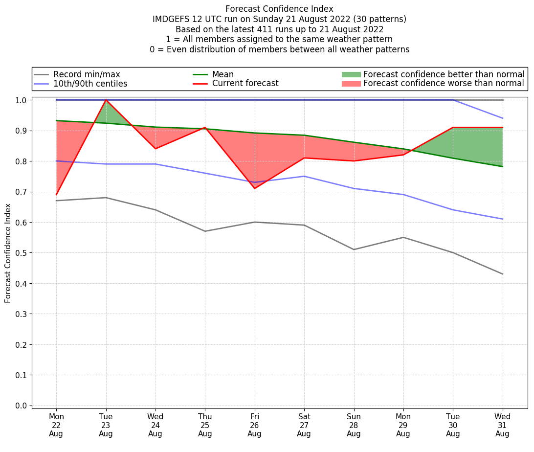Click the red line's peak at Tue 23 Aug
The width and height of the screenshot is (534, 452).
pos(106,100)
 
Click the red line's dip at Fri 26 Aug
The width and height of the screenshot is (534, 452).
pos(254,188)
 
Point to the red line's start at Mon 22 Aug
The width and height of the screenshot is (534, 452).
pos(56,195)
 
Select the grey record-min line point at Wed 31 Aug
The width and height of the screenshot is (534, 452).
pos(503,274)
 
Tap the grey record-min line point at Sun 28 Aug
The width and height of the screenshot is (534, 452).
pos(354,249)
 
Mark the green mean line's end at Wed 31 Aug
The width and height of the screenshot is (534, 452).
pos(503,166)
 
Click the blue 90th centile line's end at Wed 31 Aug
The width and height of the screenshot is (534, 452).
pos(503,118)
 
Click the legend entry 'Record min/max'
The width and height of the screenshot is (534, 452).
pos(87,74)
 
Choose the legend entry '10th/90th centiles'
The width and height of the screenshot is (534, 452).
pos(90,84)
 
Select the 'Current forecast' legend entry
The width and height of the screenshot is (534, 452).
pos(245,84)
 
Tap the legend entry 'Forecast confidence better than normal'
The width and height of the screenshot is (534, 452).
pos(444,74)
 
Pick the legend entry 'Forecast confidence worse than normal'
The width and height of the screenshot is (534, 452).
pos(444,84)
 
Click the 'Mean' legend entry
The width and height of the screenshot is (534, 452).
pos(223,74)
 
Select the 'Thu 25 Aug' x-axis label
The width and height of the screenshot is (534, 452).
pos(205,425)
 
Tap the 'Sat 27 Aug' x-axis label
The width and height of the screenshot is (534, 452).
pos(304,425)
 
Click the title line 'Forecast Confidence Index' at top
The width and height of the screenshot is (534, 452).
pos(279,9)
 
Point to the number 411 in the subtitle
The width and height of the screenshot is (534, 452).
pos(249,29)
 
